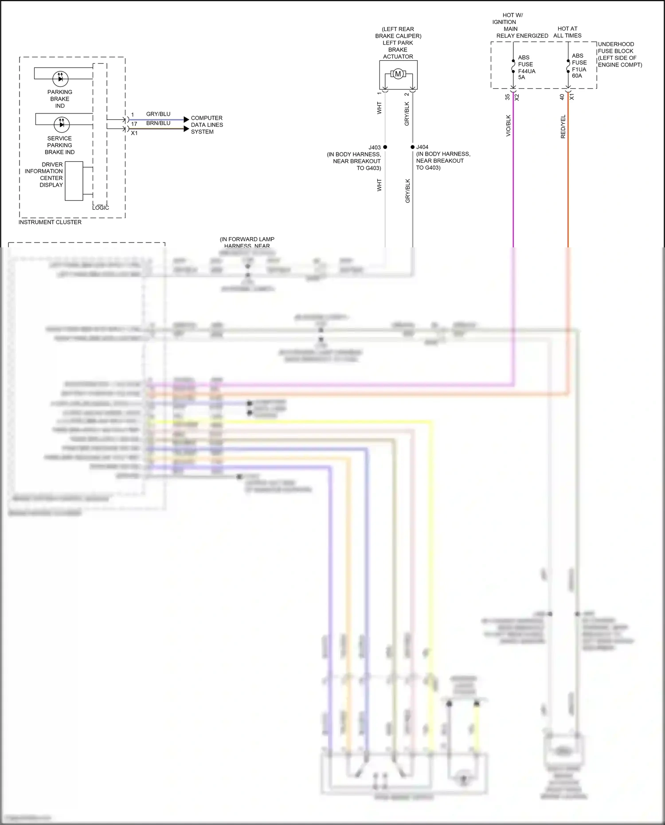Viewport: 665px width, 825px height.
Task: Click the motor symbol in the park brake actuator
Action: [398, 74]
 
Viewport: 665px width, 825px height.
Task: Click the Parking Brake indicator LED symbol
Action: [60, 78]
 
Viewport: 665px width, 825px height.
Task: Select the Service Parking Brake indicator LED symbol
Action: [61, 124]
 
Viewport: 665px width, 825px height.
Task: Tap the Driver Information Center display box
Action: [74, 181]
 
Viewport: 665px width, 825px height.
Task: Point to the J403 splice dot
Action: [385, 147]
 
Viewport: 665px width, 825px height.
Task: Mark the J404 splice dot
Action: [412, 147]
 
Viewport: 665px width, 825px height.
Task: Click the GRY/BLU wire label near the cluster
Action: [158, 114]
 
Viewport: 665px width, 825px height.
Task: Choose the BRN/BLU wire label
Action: [158, 123]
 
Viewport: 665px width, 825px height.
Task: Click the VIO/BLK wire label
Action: [508, 125]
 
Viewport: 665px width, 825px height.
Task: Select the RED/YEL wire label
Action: [563, 127]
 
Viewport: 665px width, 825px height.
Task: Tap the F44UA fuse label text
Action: [527, 71]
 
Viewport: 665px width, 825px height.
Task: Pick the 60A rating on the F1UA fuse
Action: [577, 76]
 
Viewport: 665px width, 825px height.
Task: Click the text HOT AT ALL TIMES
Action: [567, 32]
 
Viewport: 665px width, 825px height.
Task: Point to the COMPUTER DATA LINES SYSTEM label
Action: [207, 125]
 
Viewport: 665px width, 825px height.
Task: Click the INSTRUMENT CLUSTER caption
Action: [50, 222]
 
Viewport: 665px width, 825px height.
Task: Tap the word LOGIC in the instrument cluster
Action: [101, 207]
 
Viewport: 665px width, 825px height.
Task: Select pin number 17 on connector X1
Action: [134, 124]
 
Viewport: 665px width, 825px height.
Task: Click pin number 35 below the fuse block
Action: [508, 97]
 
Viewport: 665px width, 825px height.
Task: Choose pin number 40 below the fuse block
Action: [562, 97]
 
